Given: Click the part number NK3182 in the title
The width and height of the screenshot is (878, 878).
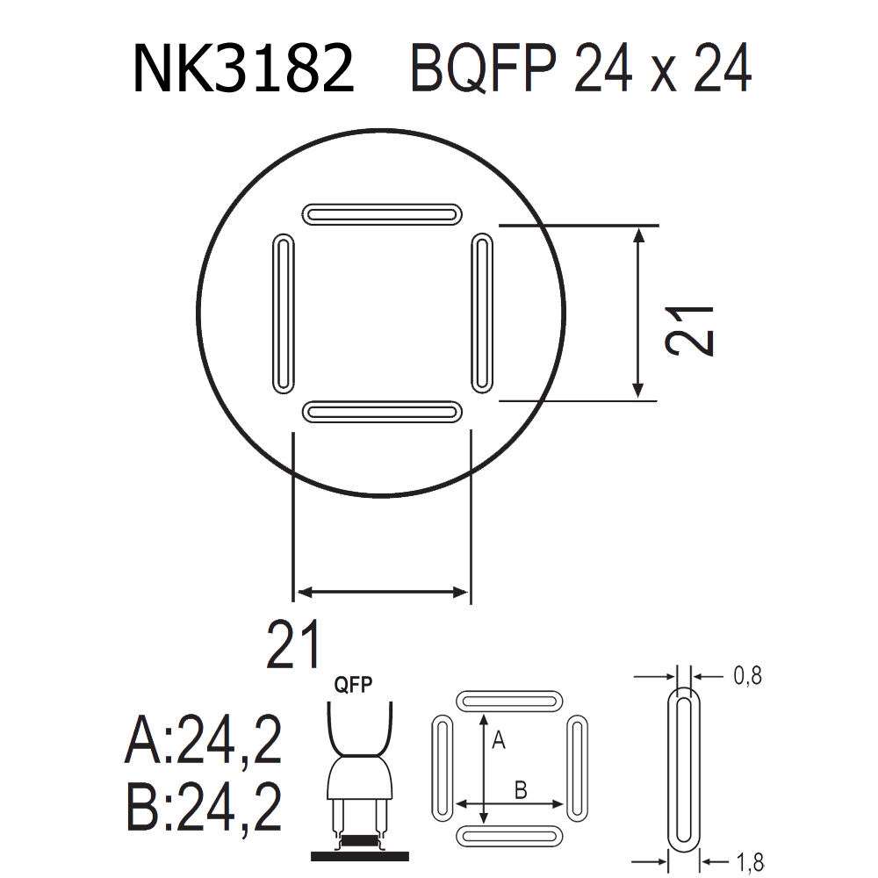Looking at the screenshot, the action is pyautogui.click(x=243, y=68).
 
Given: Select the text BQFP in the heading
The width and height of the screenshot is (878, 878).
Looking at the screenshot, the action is pyautogui.click(x=484, y=68).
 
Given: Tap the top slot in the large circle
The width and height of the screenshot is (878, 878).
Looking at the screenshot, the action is pyautogui.click(x=382, y=214).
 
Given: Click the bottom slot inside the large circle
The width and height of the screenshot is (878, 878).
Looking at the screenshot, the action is pyautogui.click(x=382, y=412).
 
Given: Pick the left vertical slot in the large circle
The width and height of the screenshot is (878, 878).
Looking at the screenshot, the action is pyautogui.click(x=284, y=313).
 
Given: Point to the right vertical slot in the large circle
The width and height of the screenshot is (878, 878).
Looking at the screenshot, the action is pyautogui.click(x=482, y=313).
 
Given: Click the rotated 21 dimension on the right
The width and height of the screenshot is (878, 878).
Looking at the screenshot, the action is pyautogui.click(x=689, y=331).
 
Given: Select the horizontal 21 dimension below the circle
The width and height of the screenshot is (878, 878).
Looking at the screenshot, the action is pyautogui.click(x=293, y=644).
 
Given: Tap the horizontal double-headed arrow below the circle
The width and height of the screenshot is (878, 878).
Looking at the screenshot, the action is pyautogui.click(x=383, y=592).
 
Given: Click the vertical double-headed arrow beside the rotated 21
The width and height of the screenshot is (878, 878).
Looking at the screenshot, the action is pyautogui.click(x=637, y=313).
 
